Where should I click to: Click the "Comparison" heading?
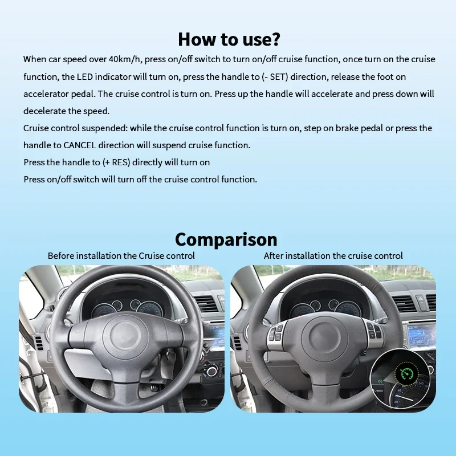226,239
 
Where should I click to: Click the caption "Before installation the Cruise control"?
121,256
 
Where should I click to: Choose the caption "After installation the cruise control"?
333,256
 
